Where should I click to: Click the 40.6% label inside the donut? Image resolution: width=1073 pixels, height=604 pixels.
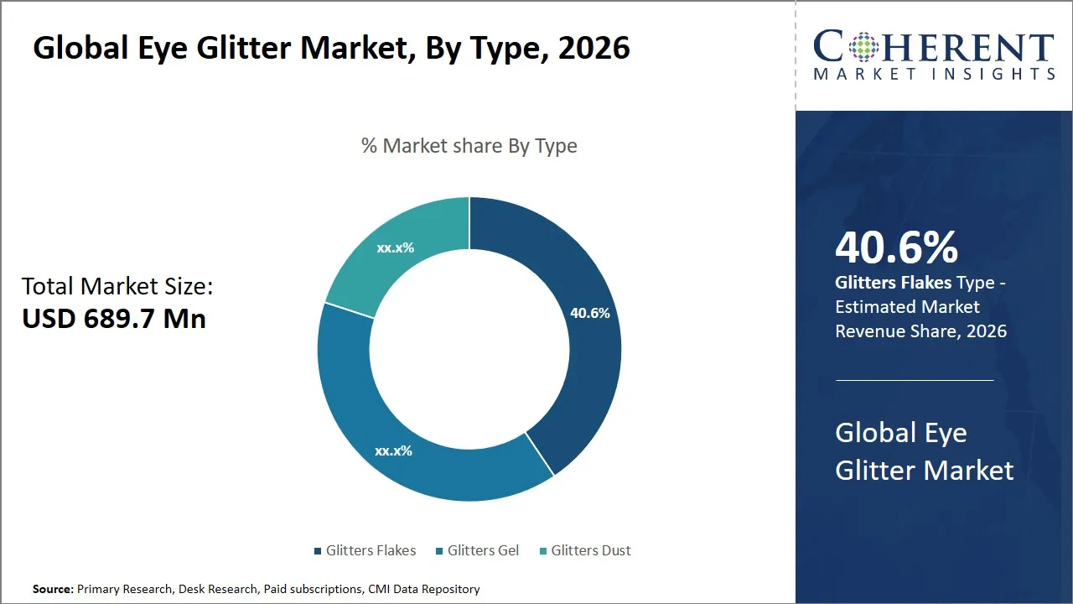pyautogui.click(x=590, y=313)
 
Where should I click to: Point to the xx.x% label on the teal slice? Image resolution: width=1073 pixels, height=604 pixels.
pyautogui.click(x=396, y=247)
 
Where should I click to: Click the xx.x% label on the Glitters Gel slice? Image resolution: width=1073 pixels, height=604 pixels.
pyautogui.click(x=393, y=450)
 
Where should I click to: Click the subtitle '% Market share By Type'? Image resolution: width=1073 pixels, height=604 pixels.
pyautogui.click(x=469, y=146)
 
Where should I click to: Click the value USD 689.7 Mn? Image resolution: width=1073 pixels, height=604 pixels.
pyautogui.click(x=114, y=319)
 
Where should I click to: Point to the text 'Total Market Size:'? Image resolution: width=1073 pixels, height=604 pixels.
pyautogui.click(x=117, y=286)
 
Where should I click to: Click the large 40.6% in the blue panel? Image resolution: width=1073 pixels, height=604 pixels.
pyautogui.click(x=896, y=248)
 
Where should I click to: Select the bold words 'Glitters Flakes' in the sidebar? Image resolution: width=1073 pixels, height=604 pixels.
pyautogui.click(x=893, y=283)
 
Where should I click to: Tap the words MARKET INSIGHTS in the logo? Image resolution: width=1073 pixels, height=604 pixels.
pyautogui.click(x=934, y=75)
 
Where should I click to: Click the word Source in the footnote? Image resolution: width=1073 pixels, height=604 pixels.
pyautogui.click(x=52, y=589)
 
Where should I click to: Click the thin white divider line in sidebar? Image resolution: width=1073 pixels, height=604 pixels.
pyautogui.click(x=914, y=380)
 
